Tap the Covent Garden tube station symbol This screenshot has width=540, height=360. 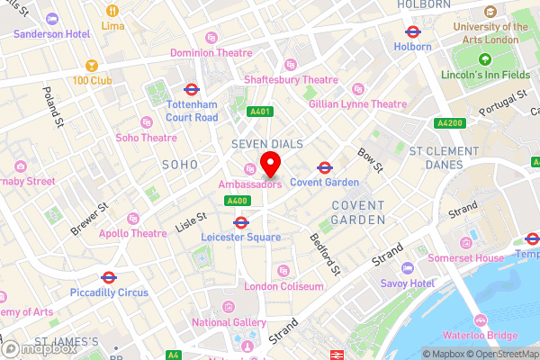(x=324, y=167)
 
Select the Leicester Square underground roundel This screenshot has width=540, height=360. (x=241, y=222)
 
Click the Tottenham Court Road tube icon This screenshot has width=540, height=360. (x=191, y=90)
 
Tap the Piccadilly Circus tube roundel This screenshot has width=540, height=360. (x=109, y=277)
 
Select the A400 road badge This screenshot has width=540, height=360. (x=238, y=201)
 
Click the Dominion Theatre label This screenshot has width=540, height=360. (x=219, y=53)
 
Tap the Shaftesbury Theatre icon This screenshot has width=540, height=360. (x=290, y=65)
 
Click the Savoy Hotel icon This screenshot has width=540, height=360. (x=408, y=268)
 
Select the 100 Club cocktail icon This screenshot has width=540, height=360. (x=91, y=66)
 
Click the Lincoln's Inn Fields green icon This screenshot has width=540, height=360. (x=484, y=60)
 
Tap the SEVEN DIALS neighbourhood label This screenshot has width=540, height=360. (x=266, y=144)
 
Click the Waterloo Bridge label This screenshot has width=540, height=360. (x=490, y=336)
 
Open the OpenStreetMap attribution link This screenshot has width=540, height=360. (x=500, y=354)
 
